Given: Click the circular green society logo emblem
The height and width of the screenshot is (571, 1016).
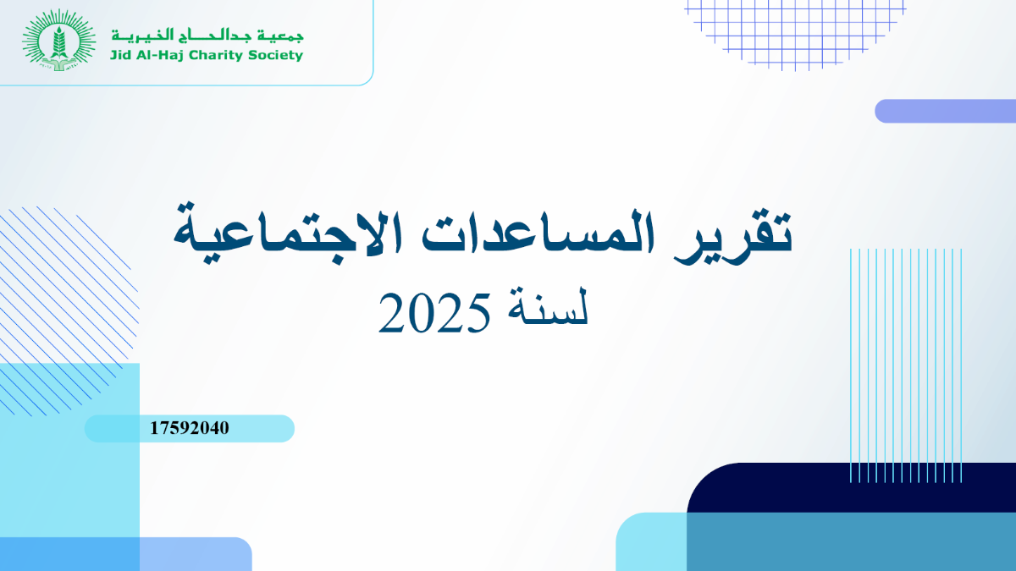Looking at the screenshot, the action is click(59, 41).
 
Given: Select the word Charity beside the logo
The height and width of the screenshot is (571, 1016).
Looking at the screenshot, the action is click(215, 56).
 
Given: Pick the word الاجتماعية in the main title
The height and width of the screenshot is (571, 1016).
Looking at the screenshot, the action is click(288, 237).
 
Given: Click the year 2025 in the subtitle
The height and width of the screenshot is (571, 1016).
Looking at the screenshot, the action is click(434, 313).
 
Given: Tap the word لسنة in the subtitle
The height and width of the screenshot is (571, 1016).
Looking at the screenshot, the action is click(548, 306).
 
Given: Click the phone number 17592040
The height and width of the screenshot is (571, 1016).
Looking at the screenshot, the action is click(190, 428).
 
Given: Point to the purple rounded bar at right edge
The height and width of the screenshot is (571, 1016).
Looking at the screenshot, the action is click(945, 111).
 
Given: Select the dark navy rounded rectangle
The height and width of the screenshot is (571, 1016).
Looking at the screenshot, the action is click(852, 487).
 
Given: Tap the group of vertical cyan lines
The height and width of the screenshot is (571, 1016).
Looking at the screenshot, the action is click(906, 365).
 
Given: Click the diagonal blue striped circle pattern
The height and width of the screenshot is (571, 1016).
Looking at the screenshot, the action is click(68, 312).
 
